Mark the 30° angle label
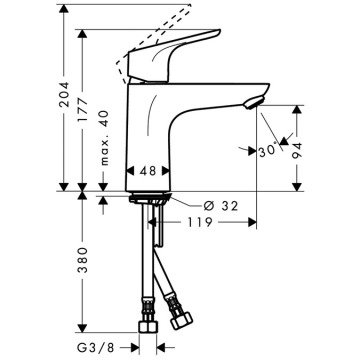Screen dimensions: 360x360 pyautogui.click(x=264, y=151)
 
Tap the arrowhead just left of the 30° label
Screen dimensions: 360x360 pyautogui.click(x=247, y=150)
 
